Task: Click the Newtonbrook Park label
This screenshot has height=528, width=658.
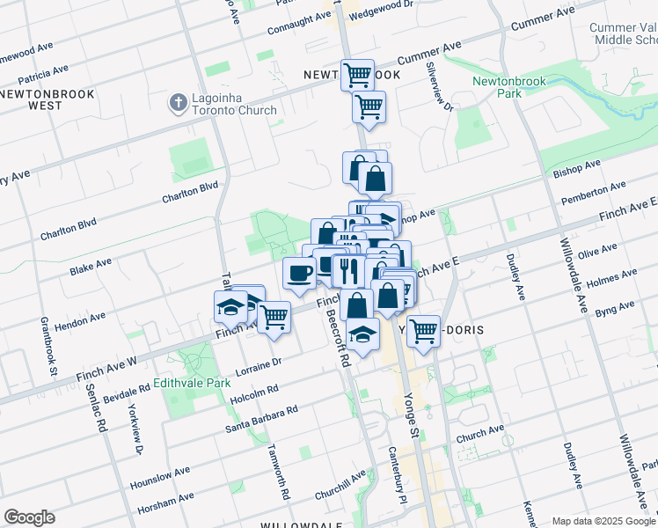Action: (x=508, y=87)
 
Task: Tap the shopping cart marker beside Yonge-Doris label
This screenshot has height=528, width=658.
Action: (x=423, y=331)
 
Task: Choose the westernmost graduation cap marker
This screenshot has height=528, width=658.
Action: (x=230, y=307)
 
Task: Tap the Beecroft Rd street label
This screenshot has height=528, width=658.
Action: (x=339, y=338)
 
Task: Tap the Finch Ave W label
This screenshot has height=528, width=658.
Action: (x=107, y=363)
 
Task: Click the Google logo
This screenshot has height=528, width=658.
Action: (x=29, y=517)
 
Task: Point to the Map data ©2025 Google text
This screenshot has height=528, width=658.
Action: (x=603, y=521)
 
